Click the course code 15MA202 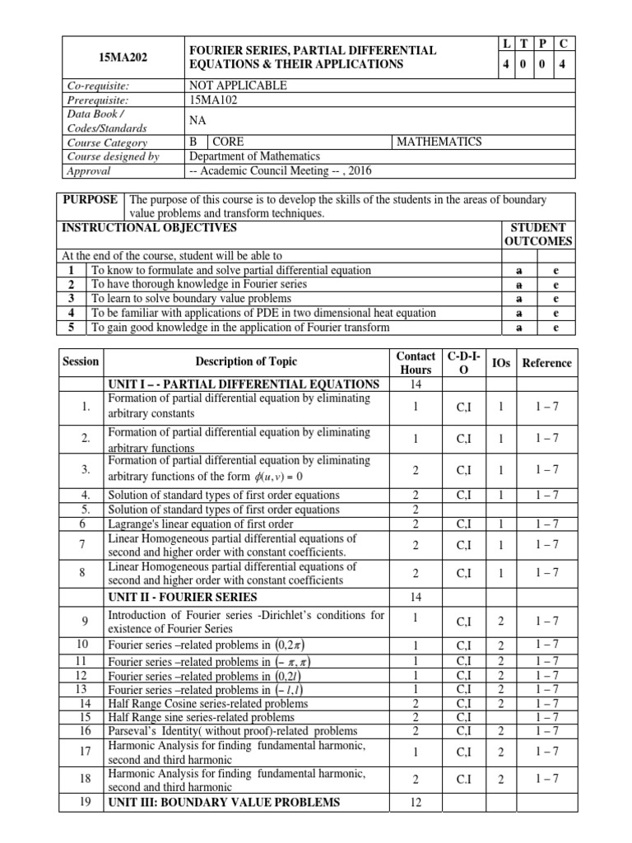[x=123, y=58]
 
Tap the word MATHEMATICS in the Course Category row [x=439, y=142]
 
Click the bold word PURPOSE [x=91, y=200]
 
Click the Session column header [x=80, y=361]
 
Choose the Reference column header [x=546, y=362]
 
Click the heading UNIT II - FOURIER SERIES [x=182, y=597]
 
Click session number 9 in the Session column [x=85, y=622]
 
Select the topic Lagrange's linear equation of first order [x=201, y=524]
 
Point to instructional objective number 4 [x=72, y=312]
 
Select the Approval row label [x=88, y=170]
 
